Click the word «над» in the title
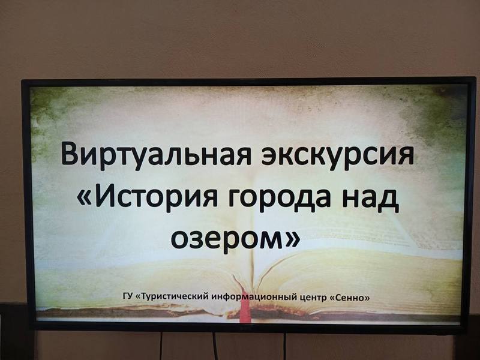pyautogui.click(x=370, y=199)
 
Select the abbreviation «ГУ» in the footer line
pyautogui.click(x=127, y=296)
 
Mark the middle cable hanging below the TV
pyautogui.click(x=215, y=346)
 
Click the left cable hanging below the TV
pyautogui.click(x=161, y=346)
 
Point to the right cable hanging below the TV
pyautogui.click(x=284, y=346)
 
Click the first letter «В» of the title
pyautogui.click(x=70, y=153)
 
